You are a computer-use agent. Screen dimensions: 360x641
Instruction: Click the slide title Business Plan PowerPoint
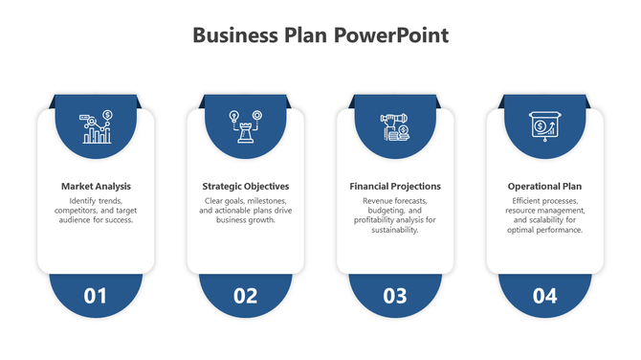(320, 35)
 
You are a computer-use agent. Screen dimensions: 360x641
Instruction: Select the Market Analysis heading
(96, 186)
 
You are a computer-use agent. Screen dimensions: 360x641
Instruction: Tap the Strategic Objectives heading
(246, 186)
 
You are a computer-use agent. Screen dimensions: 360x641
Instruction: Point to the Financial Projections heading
(395, 186)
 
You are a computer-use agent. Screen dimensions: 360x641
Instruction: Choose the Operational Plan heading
(544, 186)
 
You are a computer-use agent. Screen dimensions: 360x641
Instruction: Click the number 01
(96, 296)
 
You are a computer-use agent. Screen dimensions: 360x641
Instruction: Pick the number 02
(246, 296)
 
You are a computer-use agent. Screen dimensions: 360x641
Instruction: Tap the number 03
(395, 296)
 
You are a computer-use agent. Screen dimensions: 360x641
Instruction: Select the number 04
(544, 296)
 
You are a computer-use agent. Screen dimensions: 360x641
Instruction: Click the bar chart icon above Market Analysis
(97, 127)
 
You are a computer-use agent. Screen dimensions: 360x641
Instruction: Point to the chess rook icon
(246, 127)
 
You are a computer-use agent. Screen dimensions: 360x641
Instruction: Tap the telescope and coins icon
(395, 127)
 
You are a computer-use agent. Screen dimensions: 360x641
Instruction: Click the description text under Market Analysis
(96, 211)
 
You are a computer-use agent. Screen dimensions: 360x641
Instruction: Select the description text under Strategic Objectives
(246, 211)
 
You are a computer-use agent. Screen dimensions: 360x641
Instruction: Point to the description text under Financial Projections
(395, 215)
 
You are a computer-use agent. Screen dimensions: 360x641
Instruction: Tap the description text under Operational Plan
(544, 215)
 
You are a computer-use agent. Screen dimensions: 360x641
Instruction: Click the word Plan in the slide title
(305, 35)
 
